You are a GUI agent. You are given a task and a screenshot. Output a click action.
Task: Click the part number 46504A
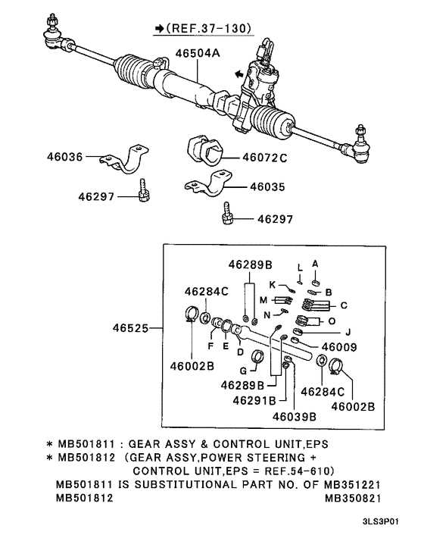click(198, 54)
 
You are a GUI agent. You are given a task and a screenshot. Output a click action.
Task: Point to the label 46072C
click(264, 158)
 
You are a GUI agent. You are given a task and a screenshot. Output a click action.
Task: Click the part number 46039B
click(293, 416)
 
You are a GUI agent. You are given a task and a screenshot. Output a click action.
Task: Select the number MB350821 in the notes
click(352, 498)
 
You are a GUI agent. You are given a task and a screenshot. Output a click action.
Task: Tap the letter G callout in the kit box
click(243, 371)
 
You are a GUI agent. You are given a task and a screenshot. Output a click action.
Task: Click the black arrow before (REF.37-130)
click(159, 28)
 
